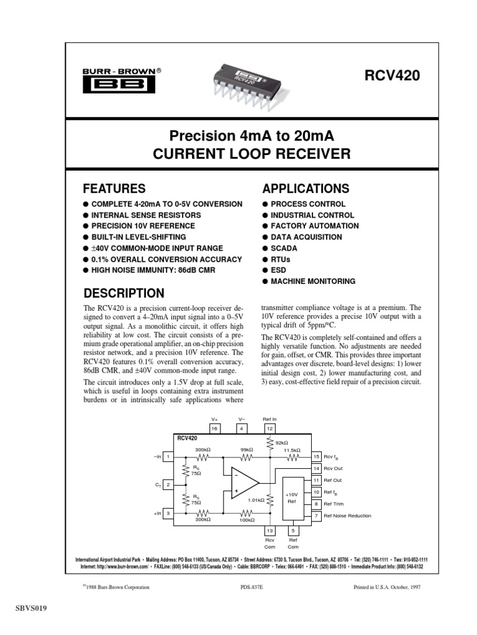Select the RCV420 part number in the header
click(394, 76)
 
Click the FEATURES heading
click(114, 189)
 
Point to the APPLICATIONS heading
click(306, 189)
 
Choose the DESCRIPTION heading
click(124, 293)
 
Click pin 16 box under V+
click(215, 429)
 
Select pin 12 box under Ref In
click(270, 429)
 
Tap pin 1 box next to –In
click(168, 456)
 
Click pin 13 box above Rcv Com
click(270, 531)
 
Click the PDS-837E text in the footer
click(252, 587)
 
